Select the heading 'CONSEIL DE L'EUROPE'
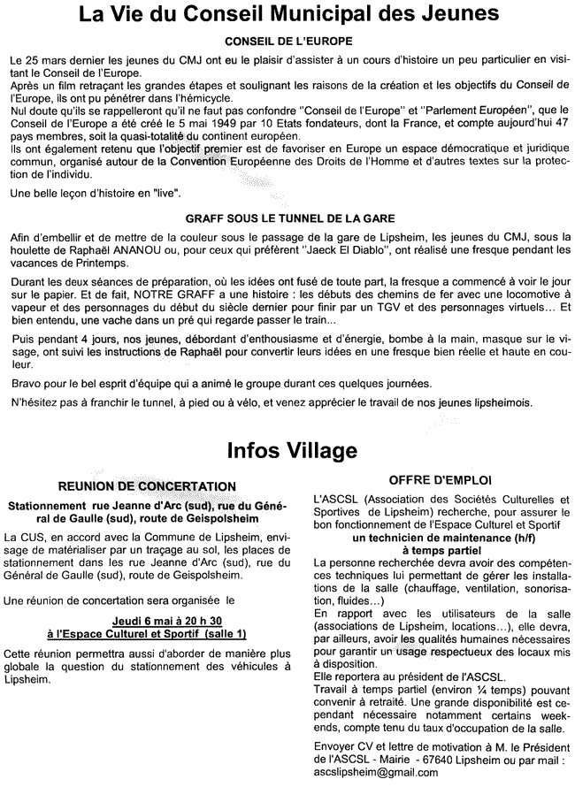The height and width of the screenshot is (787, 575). [x=287, y=42]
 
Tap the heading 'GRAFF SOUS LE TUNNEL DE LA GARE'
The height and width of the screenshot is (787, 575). [x=289, y=217]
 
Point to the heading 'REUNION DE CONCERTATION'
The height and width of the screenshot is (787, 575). [x=147, y=486]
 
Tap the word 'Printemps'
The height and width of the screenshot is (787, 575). [x=92, y=263]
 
